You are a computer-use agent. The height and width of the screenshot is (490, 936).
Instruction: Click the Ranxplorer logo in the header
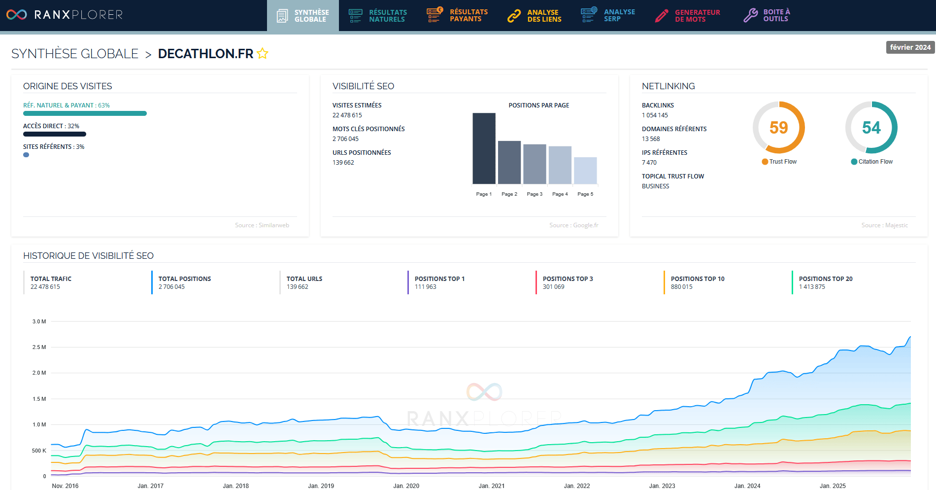tap(64, 15)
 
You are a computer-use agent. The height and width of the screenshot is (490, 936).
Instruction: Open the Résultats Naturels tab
tap(378, 16)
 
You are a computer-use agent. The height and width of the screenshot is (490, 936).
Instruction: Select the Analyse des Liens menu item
tap(535, 16)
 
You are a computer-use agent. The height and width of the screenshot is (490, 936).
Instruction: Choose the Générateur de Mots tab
tap(688, 16)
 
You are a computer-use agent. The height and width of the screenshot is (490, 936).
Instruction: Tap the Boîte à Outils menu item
tap(767, 15)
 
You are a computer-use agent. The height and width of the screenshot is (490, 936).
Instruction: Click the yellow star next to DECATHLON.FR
tap(263, 53)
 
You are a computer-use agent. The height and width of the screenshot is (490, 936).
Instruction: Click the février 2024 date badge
tap(910, 47)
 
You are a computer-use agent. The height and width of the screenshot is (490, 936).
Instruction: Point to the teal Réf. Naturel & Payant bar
tap(85, 113)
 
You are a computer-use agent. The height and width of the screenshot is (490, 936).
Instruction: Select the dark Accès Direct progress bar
tap(54, 134)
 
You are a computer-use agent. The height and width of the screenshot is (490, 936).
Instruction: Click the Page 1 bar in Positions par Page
tap(484, 148)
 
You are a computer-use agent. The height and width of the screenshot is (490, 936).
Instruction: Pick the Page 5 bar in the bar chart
tap(585, 170)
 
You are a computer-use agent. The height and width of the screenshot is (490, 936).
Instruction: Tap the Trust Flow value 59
tap(778, 128)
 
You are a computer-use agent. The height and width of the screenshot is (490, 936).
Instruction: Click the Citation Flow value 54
tap(871, 128)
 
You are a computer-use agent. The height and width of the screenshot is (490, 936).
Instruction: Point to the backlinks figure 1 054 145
tap(655, 115)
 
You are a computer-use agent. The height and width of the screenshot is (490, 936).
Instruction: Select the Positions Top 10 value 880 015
tap(681, 287)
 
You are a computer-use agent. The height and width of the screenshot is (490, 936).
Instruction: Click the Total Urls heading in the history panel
tap(304, 279)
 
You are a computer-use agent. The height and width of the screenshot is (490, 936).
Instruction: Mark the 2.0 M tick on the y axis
tap(39, 373)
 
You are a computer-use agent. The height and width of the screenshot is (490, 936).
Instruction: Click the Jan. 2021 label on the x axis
tap(491, 486)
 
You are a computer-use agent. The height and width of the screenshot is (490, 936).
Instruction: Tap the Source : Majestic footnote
tap(884, 225)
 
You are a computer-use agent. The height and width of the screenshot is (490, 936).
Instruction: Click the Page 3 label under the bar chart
tap(535, 194)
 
